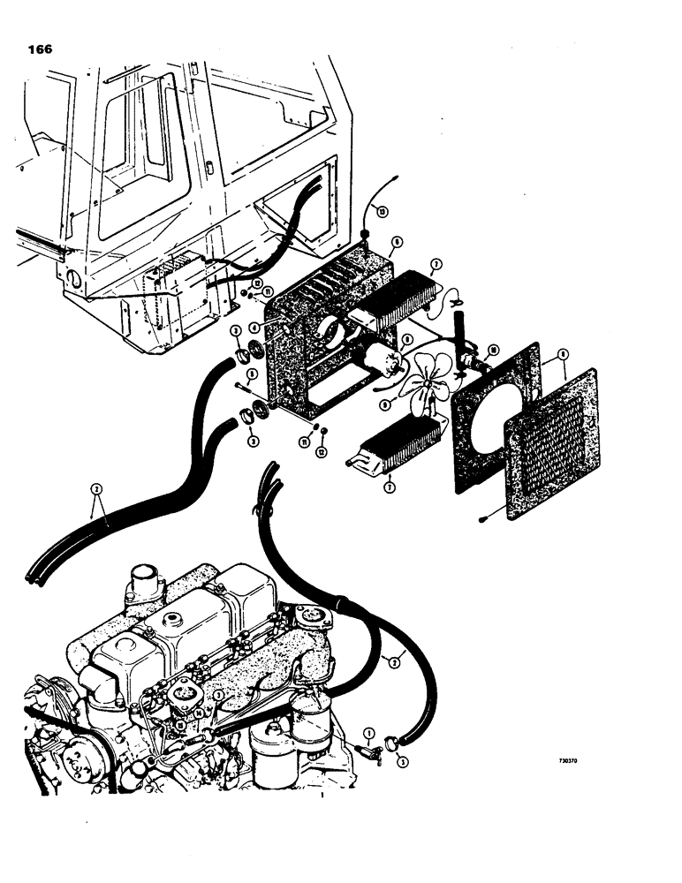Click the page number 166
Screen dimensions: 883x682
point(39,49)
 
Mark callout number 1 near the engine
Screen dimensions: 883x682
point(368,731)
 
